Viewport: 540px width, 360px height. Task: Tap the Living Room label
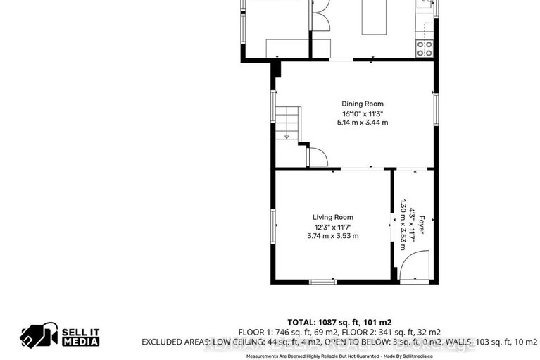coord(333,217)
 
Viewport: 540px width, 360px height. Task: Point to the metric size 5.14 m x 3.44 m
coord(363,123)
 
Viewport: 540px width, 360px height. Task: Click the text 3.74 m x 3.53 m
coord(333,236)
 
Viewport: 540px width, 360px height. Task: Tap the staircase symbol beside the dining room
coord(287,123)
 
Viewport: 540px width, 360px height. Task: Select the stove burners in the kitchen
coord(425,48)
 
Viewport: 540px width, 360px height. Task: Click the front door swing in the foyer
coord(413,268)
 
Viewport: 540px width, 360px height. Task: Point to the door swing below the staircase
coord(318,157)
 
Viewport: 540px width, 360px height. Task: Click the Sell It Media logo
coord(60,337)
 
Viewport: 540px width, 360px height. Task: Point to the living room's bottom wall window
coord(323,282)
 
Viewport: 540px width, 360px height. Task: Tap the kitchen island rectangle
coord(374,17)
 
